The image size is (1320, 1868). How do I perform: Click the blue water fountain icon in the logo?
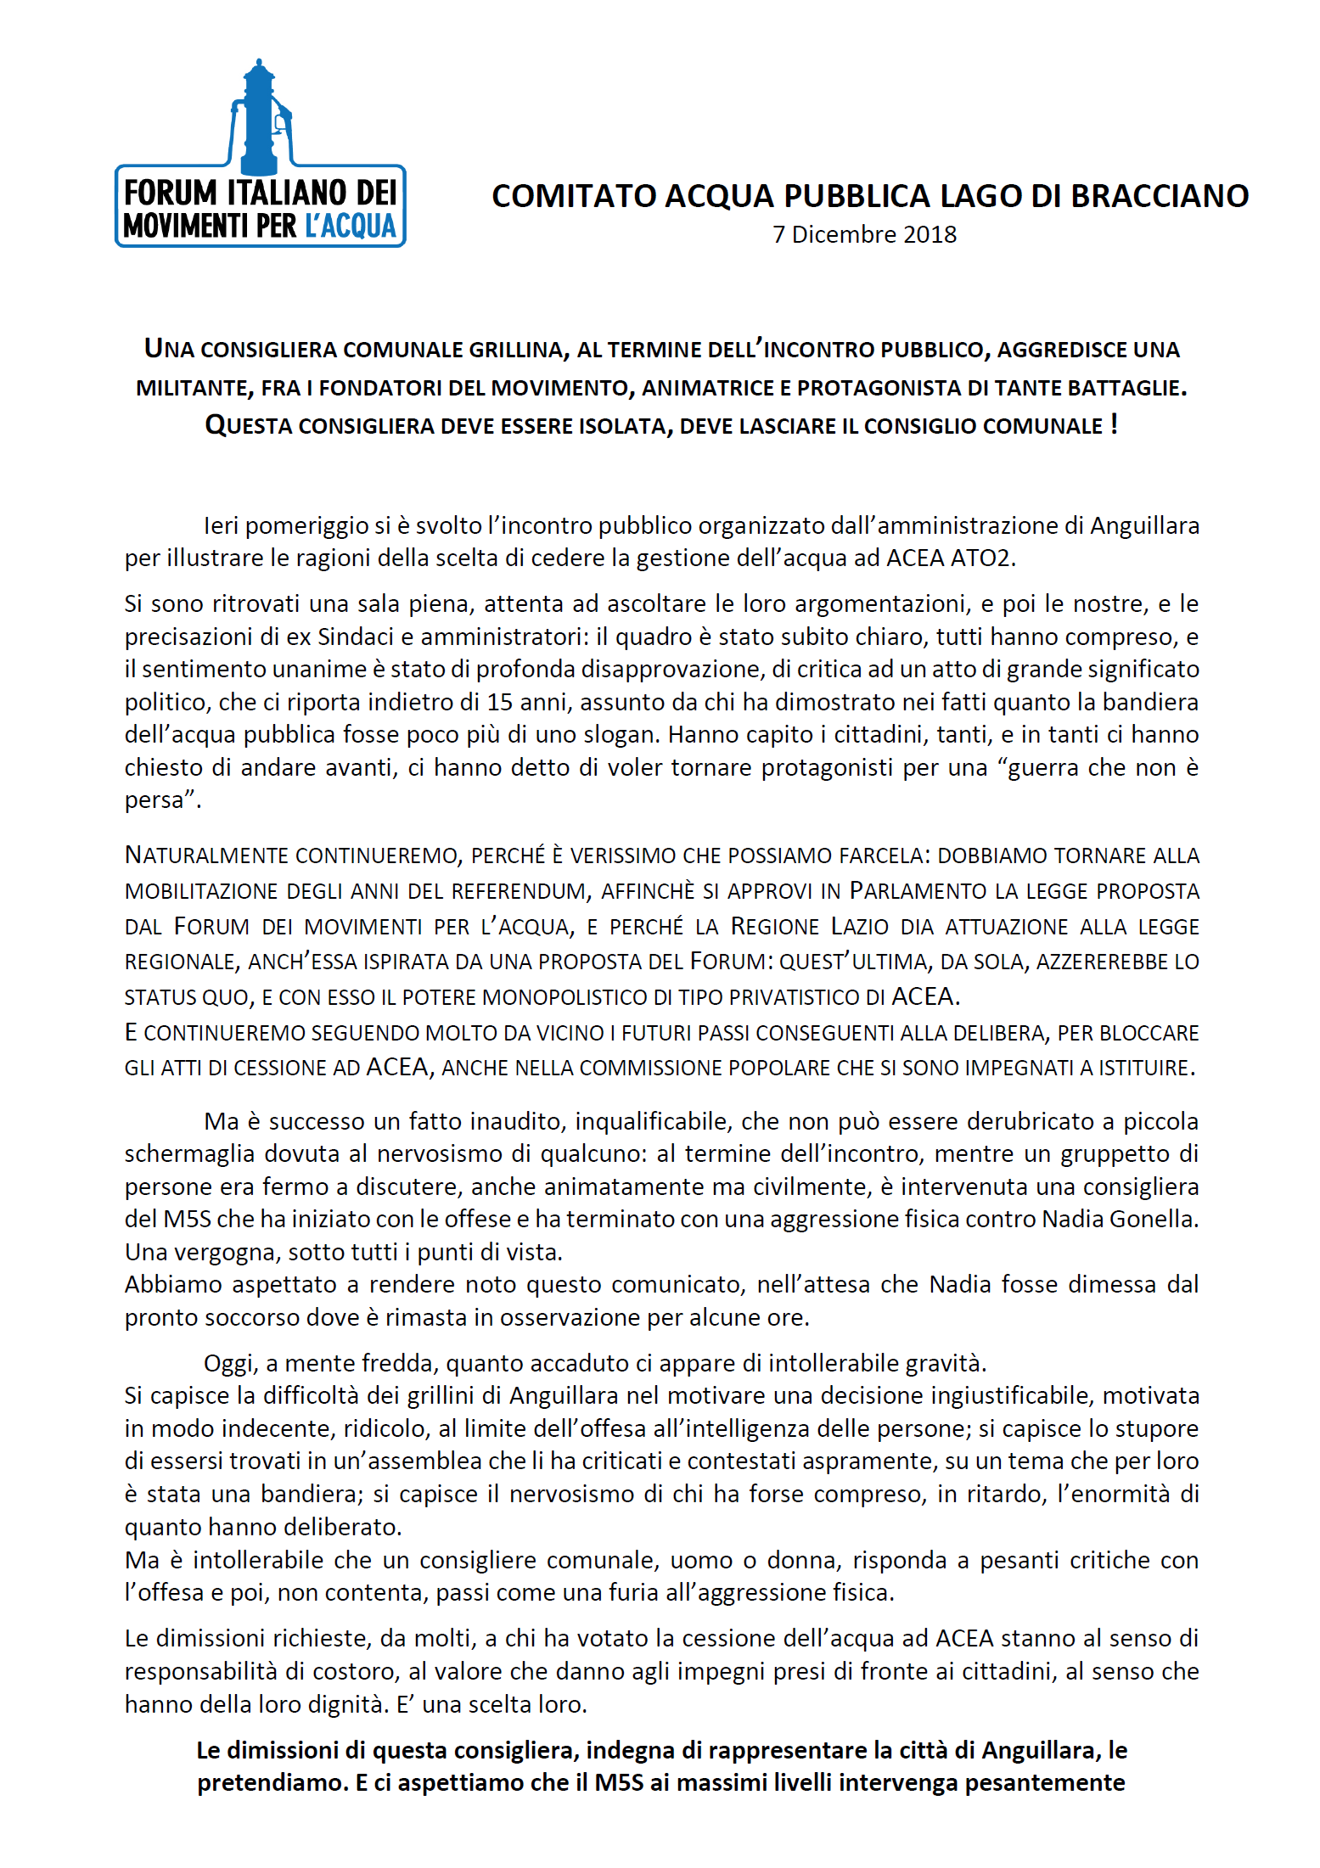click(260, 119)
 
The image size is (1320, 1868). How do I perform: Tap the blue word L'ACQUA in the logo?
click(351, 227)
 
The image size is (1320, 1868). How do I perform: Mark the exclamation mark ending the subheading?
click(1114, 424)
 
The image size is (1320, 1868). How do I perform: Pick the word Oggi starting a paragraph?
click(229, 1364)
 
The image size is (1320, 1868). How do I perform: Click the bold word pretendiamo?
click(272, 1783)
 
